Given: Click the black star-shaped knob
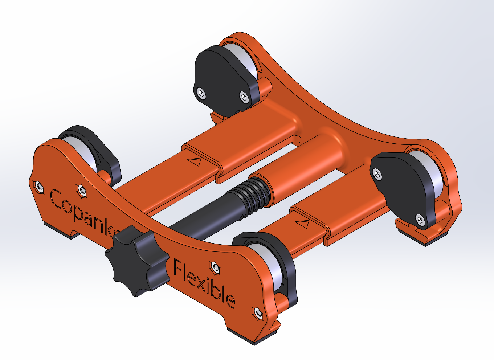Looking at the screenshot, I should point(136,259).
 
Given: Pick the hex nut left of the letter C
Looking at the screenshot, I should point(39,187).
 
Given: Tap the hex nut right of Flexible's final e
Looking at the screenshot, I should point(258,312).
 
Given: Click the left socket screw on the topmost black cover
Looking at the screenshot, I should point(201,94).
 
